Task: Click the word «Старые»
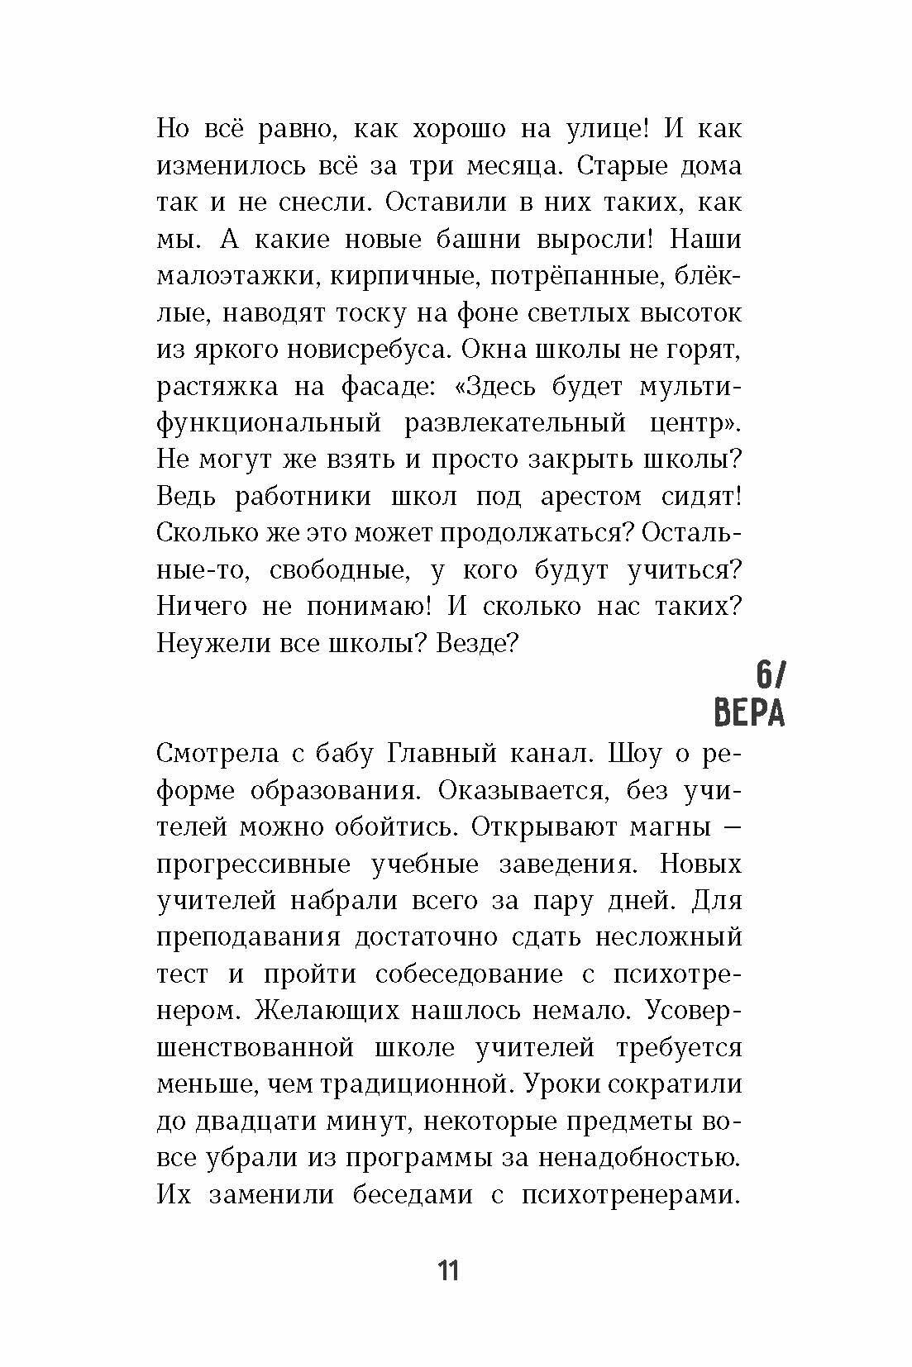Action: click(x=618, y=166)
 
